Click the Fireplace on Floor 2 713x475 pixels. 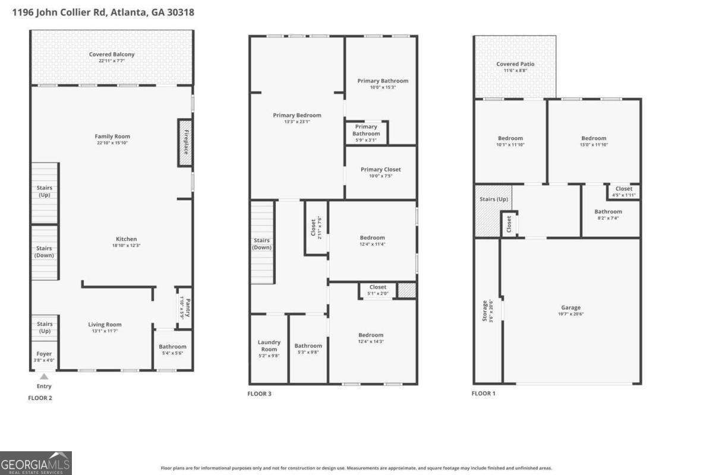[x=185, y=142]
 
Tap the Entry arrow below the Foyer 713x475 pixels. [x=44, y=376]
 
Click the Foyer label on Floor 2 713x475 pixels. [x=45, y=354]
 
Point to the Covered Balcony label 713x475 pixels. [x=112, y=55]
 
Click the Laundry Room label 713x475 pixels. [x=269, y=346]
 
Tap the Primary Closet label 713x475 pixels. [x=380, y=170]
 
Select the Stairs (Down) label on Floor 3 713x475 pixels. [x=261, y=244]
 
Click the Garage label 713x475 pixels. [x=571, y=308]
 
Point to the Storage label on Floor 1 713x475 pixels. [x=485, y=311]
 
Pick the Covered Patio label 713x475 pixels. [x=515, y=64]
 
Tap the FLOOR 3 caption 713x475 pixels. [x=260, y=394]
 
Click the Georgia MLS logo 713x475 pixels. [x=36, y=463]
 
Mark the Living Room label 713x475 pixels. [x=105, y=325]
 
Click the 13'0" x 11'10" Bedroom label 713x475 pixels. [x=594, y=138]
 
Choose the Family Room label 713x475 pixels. [x=112, y=137]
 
